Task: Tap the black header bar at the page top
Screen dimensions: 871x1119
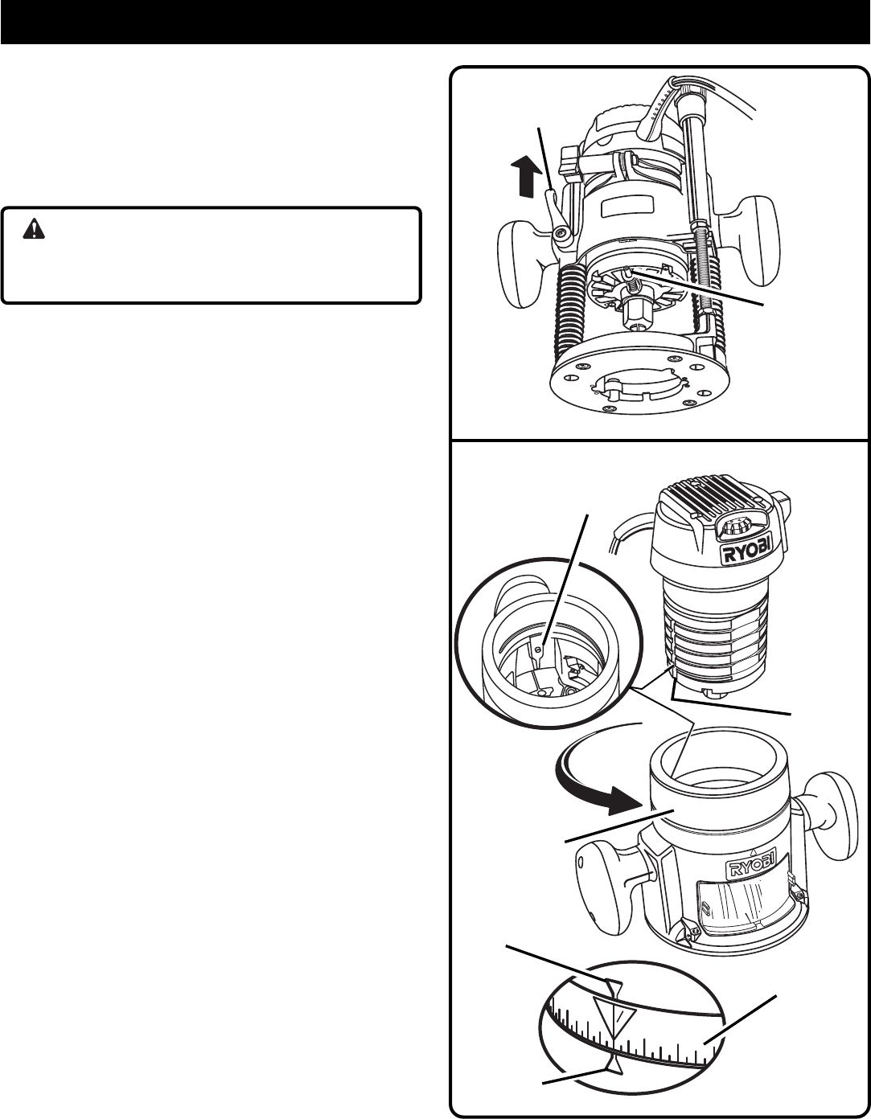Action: point(435,22)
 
